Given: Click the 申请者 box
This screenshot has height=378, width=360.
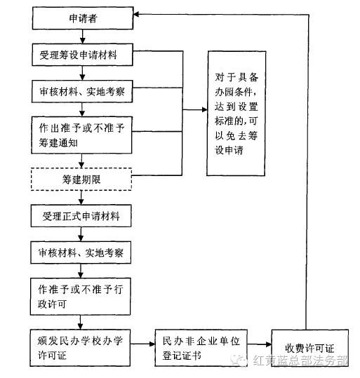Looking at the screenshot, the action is click(83, 18).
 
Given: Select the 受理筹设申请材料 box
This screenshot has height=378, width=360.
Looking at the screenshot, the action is click(82, 55).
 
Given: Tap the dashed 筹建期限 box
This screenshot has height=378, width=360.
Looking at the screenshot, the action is click(81, 180).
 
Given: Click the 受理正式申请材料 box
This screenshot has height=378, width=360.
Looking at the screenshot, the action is click(81, 216).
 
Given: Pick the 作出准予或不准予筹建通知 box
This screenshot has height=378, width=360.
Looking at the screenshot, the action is click(82, 135).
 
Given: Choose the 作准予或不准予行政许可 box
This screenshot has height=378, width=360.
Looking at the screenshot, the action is click(80, 297).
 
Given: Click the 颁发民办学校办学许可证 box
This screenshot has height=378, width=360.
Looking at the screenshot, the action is click(80, 348).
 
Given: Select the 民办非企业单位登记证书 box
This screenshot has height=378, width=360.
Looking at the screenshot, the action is click(201, 348).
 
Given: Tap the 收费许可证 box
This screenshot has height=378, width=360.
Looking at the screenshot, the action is click(310, 348).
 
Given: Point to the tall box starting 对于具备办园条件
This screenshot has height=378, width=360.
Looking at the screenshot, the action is click(236, 114).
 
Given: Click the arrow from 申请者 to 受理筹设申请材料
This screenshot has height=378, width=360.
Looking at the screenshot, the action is click(83, 36).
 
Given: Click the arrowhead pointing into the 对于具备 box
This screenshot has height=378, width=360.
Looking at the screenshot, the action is click(205, 110).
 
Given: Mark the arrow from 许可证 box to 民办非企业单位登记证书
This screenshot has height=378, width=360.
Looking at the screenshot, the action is click(142, 344).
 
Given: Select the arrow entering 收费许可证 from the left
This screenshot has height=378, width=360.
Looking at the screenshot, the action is click(260, 344).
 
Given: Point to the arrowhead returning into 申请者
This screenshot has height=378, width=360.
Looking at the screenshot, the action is click(136, 15).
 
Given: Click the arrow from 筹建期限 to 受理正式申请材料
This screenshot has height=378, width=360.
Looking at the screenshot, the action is click(81, 198).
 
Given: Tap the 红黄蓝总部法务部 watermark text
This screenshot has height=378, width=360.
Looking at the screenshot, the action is click(300, 360).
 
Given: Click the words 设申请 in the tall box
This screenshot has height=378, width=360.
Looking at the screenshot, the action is click(229, 150).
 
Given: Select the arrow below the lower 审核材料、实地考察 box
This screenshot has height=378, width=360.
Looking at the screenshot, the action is click(81, 271).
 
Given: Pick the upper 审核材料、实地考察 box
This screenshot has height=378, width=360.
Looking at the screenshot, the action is click(82, 91).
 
